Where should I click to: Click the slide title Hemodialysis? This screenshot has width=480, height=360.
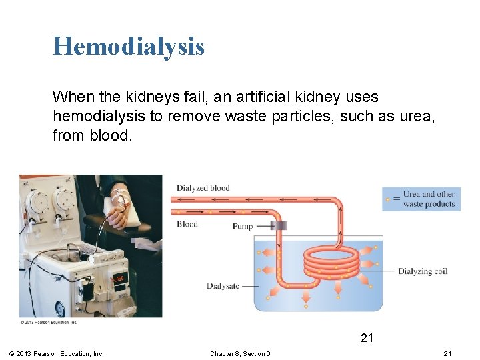[129, 47]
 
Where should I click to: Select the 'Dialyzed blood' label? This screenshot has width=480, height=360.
[203, 188]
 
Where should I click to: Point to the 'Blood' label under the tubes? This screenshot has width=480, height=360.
[187, 224]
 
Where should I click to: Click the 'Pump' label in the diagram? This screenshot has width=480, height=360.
[243, 227]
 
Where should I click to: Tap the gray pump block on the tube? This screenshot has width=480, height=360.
[279, 226]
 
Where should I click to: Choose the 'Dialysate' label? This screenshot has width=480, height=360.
[223, 286]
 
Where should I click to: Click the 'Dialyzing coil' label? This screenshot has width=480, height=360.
[423, 271]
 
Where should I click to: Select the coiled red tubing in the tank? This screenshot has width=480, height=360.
[331, 263]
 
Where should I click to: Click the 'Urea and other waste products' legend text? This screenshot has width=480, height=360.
[429, 199]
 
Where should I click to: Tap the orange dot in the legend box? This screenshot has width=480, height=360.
[388, 199]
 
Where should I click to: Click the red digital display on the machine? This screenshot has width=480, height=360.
[117, 278]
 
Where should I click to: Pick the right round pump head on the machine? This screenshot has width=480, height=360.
[65, 198]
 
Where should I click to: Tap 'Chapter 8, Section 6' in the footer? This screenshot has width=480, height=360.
[240, 353]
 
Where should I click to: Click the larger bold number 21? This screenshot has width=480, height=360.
[367, 338]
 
